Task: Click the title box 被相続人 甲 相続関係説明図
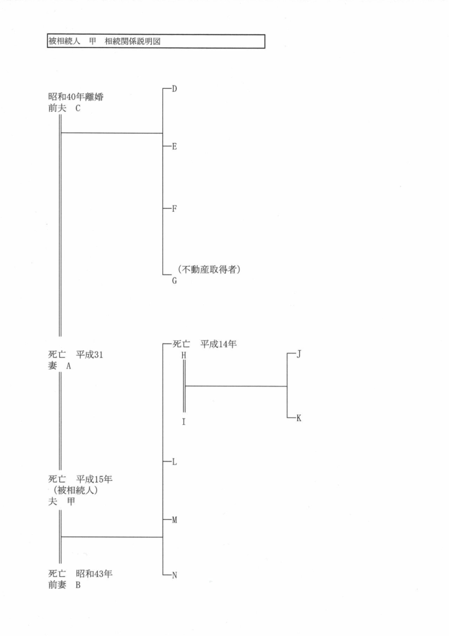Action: click(x=155, y=42)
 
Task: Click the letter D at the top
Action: click(x=175, y=89)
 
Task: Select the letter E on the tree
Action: click(x=175, y=147)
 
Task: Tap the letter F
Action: click(x=175, y=209)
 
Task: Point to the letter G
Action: click(x=175, y=281)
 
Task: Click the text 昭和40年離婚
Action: click(x=75, y=97)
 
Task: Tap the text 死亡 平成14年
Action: click(x=207, y=343)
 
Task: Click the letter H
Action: click(x=184, y=355)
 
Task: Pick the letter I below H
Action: click(x=184, y=421)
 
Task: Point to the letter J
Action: click(x=299, y=355)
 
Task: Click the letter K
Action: click(x=299, y=418)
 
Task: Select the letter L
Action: click(x=175, y=462)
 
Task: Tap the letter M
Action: click(x=175, y=519)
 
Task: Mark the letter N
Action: click(x=175, y=575)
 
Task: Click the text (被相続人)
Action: click(x=75, y=491)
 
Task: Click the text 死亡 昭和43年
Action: click(x=80, y=574)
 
